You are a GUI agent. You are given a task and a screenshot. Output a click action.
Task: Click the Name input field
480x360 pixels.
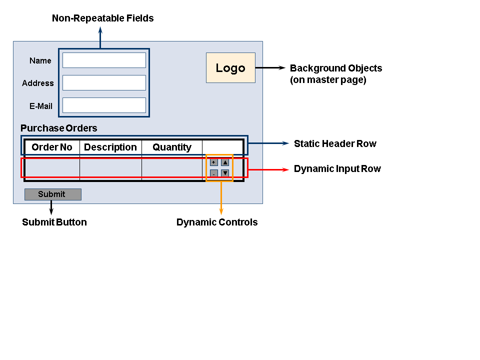[x=104, y=60]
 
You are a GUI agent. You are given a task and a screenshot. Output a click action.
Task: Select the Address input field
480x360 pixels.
[x=104, y=83]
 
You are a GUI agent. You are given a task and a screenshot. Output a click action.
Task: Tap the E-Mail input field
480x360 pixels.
[x=104, y=105]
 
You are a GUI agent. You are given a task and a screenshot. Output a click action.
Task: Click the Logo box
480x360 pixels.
[x=230, y=68]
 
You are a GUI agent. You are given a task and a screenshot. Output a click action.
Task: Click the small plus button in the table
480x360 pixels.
[x=213, y=162]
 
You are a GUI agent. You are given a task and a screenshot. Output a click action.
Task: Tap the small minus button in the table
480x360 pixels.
[x=213, y=173]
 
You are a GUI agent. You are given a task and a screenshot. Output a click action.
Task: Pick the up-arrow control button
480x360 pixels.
[x=225, y=162]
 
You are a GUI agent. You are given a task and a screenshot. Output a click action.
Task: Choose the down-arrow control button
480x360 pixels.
[x=225, y=173]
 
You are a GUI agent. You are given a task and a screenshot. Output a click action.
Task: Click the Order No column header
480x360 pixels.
[x=52, y=147]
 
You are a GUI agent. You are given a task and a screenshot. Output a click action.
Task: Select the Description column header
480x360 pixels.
[x=110, y=147]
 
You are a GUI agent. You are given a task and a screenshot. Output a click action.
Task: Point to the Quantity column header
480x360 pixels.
[x=172, y=147]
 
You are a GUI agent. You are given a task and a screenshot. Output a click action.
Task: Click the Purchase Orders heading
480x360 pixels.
[x=59, y=128]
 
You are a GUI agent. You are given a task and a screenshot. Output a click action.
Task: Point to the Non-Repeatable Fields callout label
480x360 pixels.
[x=103, y=18]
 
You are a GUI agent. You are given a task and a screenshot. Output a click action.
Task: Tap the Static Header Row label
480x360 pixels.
[x=335, y=143]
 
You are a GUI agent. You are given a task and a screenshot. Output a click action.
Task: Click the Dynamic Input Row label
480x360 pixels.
[x=337, y=169]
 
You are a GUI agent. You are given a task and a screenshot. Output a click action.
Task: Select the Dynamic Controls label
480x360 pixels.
[x=217, y=222]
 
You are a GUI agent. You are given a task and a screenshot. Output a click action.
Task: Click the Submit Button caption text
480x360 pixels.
[x=54, y=222]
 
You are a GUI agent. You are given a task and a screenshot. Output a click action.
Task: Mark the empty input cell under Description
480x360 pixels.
[x=110, y=168]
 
